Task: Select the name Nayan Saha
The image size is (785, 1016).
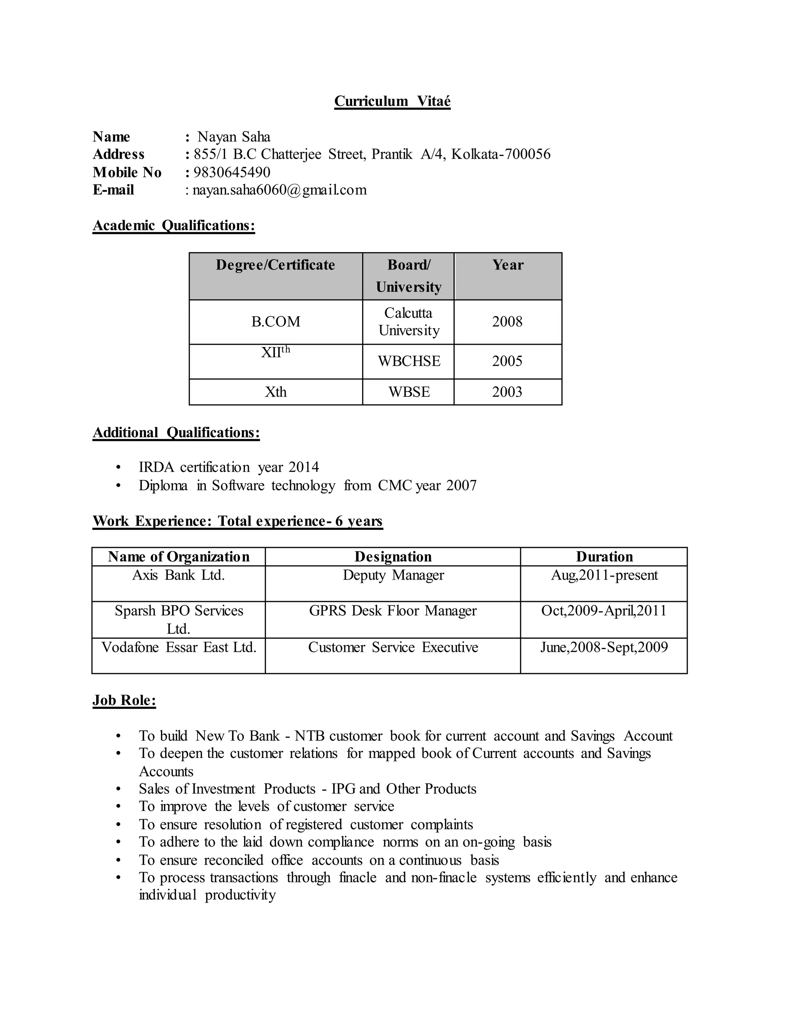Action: pos(233,137)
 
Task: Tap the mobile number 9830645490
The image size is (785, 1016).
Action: pos(232,173)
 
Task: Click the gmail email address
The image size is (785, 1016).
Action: pos(279,190)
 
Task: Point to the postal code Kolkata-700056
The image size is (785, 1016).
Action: pos(501,154)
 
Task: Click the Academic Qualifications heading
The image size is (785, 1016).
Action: pos(174,225)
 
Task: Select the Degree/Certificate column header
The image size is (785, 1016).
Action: pos(275,265)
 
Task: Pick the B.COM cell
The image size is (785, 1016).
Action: pos(275,321)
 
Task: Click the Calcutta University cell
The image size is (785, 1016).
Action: pos(408,321)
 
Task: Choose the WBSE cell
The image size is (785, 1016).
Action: pos(409,392)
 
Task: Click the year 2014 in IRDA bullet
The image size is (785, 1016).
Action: pos(303,467)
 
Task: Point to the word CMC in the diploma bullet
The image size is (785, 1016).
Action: pos(395,486)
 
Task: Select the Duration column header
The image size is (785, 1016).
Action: pos(604,557)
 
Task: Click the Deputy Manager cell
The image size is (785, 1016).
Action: pos(393,575)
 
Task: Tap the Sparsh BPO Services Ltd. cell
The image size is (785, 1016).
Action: pos(179,620)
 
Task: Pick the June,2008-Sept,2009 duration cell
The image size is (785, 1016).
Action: pos(604,648)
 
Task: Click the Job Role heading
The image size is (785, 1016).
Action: pos(124,700)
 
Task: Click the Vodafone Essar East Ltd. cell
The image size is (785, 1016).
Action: pos(179,648)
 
